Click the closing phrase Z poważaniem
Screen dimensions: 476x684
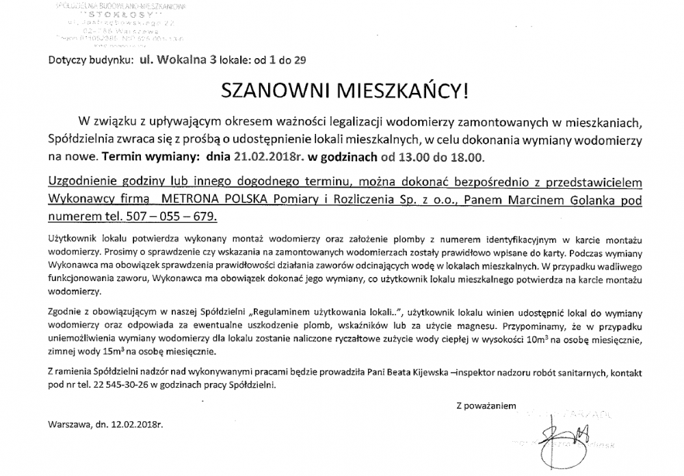(487, 406)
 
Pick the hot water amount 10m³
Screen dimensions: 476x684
(529, 340)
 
